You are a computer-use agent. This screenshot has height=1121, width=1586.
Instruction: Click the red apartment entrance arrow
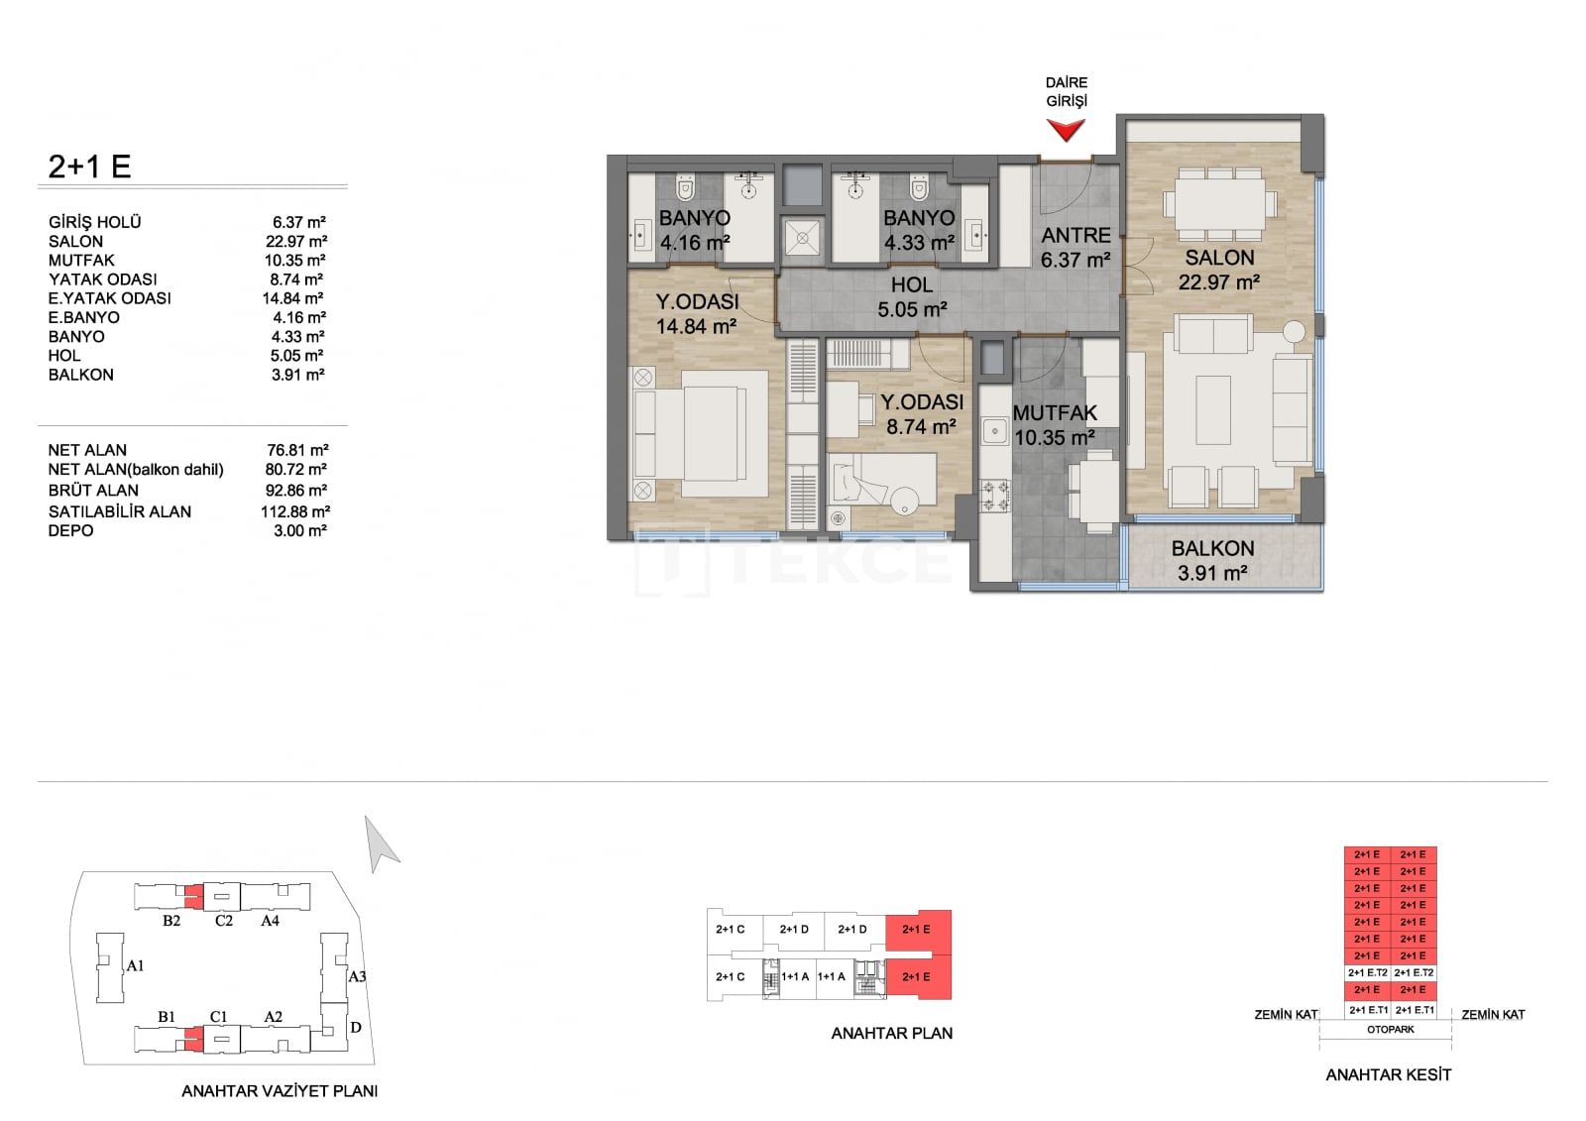tap(1066, 130)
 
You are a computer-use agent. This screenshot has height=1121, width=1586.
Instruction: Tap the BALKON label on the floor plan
tap(1212, 548)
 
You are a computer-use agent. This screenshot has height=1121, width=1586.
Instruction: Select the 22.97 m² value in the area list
tap(296, 242)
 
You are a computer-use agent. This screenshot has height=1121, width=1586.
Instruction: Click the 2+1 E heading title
tap(89, 167)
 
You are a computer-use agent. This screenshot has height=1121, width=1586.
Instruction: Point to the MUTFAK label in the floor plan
tap(1055, 413)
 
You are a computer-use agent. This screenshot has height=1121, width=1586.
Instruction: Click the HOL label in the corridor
tap(912, 285)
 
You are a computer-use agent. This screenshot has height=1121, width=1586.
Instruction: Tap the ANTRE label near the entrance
tap(1076, 235)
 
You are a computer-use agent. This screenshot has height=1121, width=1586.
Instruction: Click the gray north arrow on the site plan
tap(380, 845)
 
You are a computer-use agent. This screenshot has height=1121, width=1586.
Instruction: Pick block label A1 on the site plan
tap(135, 965)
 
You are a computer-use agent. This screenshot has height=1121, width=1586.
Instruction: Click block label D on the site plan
tap(356, 1027)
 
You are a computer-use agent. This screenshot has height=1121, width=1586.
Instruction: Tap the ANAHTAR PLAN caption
tap(891, 1033)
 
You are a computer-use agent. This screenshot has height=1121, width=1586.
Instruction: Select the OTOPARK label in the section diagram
tap(1390, 1030)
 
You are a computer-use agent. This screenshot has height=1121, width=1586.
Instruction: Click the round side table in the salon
tap(1295, 331)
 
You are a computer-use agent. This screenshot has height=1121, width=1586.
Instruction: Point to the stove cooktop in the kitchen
tap(994, 497)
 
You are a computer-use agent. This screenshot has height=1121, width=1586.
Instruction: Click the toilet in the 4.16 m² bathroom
tap(685, 187)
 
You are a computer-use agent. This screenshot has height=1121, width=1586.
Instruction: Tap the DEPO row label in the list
tap(70, 530)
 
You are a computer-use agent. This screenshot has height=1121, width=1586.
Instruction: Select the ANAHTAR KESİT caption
tap(1388, 1075)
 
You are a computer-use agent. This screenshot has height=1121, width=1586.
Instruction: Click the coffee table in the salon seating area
tap(1213, 410)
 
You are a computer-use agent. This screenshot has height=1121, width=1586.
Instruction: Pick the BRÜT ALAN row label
tap(93, 490)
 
